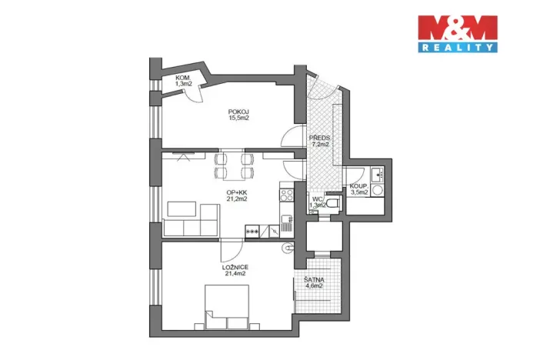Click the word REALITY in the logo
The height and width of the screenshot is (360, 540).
456,48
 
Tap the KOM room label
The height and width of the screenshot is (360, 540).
182,78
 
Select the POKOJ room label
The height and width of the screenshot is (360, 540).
238,111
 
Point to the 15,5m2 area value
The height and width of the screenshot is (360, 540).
238,118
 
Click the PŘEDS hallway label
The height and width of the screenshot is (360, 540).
320,137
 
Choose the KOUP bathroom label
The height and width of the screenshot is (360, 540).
359,186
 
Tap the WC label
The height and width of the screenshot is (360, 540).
317,198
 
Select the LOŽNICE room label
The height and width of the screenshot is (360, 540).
235,266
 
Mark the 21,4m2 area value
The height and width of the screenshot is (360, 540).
235,273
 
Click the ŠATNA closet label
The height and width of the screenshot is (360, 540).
312,280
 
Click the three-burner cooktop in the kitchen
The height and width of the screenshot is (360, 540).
252,229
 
